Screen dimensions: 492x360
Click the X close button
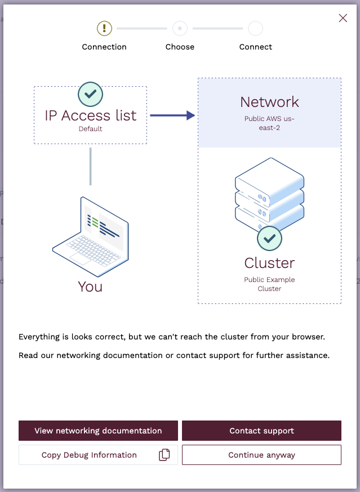point(343,18)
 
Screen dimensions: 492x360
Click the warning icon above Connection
point(104,28)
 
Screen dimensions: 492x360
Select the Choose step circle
point(180,28)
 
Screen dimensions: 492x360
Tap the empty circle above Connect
point(255,28)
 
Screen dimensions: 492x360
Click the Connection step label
point(104,47)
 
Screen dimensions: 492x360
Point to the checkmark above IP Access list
point(90,93)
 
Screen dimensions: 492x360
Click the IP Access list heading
point(90,115)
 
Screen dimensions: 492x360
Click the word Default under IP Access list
point(90,129)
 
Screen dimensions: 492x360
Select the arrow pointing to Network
point(172,115)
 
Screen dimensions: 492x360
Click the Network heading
point(269,102)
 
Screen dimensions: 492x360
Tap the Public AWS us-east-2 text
point(269,123)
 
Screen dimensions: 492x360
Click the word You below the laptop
point(90,287)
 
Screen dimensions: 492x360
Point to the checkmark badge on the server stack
point(269,238)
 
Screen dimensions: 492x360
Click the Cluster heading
point(269,263)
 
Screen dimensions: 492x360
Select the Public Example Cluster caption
point(269,284)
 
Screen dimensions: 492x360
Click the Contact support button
point(261,431)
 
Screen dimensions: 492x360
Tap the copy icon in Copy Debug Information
point(164,455)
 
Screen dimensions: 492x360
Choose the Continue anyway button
point(261,455)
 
